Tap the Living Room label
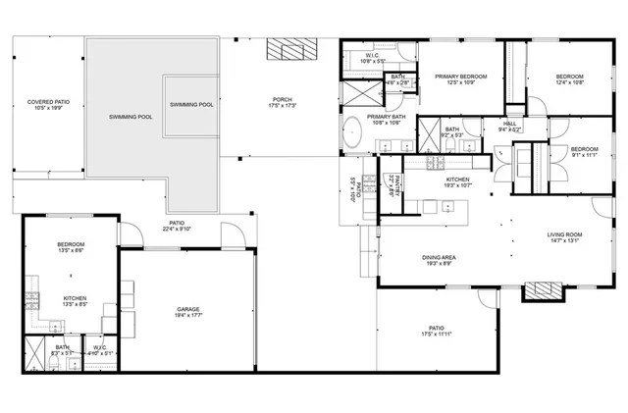click(x=565, y=238)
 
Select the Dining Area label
click(x=439, y=260)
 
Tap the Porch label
click(x=283, y=103)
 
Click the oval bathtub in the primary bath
click(x=350, y=132)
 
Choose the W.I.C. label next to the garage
click(x=100, y=350)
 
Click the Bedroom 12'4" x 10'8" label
click(x=569, y=80)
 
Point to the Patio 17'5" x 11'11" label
click(x=437, y=332)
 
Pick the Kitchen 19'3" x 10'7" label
click(x=458, y=182)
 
